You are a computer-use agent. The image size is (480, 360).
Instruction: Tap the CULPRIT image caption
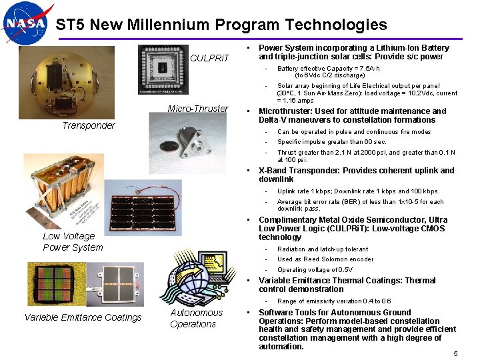pos(209,58)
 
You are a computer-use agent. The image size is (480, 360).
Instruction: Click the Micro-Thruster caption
pos(197,109)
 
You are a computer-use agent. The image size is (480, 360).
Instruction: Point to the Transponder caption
pos(88,125)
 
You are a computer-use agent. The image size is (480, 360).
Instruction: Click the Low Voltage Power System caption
pos(73,241)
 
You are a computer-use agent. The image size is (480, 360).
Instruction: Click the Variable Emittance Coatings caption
pos(83,317)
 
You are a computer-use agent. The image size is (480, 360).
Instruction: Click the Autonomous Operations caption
pos(196,319)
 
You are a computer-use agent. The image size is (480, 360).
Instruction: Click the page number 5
pos(455,353)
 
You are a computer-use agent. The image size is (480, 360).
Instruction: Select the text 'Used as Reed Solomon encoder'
pos(325,259)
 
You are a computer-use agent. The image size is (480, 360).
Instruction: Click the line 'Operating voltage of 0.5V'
pos(315,270)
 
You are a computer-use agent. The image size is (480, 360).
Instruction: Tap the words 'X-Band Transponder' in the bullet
pos(297,171)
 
